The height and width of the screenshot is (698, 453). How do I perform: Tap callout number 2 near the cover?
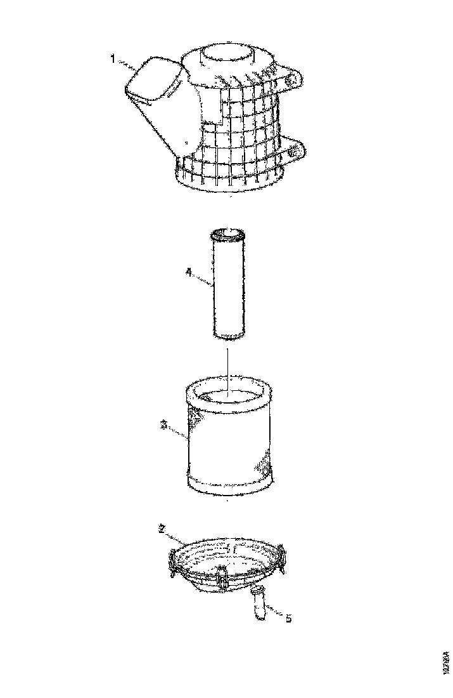click(x=162, y=528)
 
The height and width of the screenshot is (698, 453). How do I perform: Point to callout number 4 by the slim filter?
click(x=188, y=272)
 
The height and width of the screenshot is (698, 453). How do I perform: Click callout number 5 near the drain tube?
click(x=288, y=617)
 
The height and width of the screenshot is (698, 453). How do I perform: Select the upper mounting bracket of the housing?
click(x=291, y=77)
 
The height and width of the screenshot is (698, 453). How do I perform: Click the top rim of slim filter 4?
click(x=227, y=235)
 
